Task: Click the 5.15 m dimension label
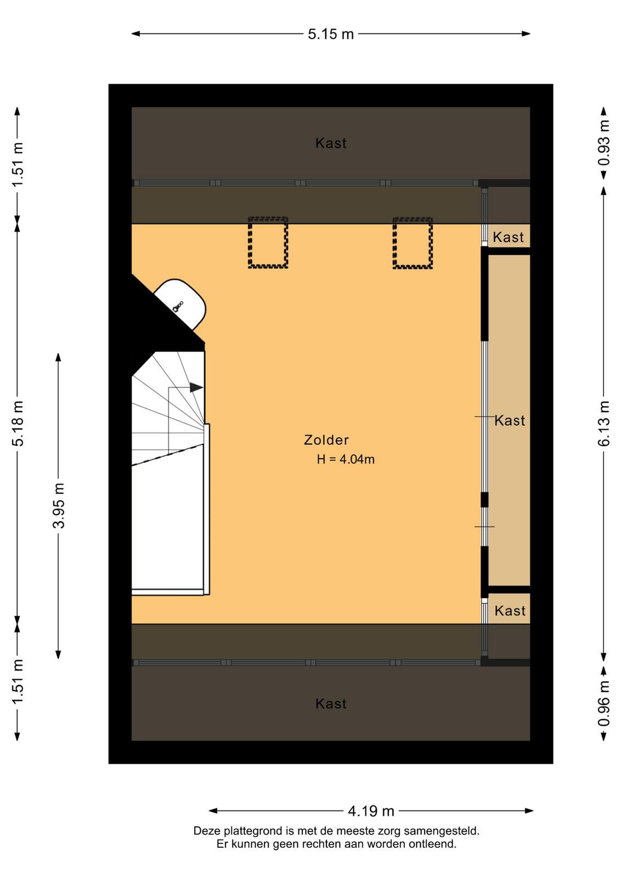(331, 34)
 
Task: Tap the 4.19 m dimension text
(371, 811)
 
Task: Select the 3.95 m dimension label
(59, 505)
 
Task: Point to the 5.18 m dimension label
(18, 423)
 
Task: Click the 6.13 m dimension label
(604, 423)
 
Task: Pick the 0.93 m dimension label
(604, 143)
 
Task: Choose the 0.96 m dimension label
(604, 703)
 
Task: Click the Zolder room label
(326, 440)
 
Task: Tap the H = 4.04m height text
(346, 459)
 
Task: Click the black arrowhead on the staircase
(196, 387)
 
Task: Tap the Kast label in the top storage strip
(331, 143)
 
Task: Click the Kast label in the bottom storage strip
(331, 703)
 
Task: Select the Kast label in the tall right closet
(509, 420)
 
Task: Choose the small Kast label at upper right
(508, 237)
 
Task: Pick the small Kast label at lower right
(510, 611)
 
